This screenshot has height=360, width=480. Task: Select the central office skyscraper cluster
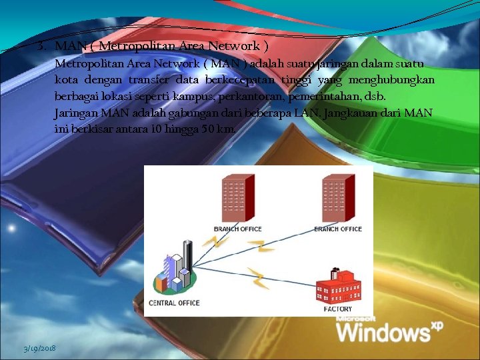pos(173,273)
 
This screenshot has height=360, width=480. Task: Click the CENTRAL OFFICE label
pos(173,303)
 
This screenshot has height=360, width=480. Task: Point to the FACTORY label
pos(338,309)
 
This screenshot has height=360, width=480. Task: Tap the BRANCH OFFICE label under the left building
pos(237,229)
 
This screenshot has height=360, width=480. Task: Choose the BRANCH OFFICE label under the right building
pos(338,229)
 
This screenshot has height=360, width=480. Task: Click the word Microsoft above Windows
pos(356,318)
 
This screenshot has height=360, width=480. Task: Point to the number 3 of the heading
pos(41,46)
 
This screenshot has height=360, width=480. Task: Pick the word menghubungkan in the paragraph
pos(392,80)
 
